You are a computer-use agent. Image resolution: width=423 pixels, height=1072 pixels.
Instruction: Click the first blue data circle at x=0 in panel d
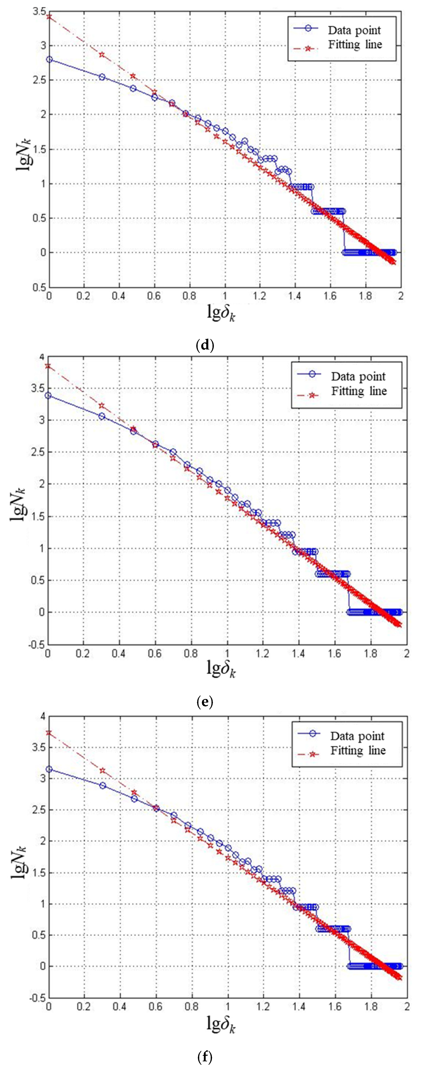49,60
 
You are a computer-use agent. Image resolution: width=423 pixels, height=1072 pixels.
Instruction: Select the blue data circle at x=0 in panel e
48,395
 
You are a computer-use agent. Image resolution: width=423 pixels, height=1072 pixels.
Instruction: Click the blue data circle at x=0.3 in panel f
102,785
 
